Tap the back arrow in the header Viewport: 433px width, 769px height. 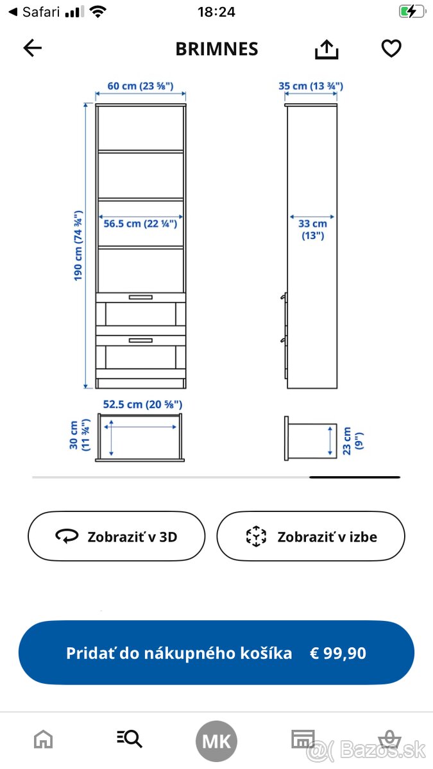[32, 48]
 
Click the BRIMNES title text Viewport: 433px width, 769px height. [217, 49]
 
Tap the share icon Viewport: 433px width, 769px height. [327, 49]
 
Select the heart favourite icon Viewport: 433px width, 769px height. [391, 49]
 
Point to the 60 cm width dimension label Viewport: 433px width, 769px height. [140, 86]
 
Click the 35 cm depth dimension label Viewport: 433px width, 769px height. [311, 86]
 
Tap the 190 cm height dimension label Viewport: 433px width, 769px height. [78, 245]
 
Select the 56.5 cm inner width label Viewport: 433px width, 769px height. [140, 224]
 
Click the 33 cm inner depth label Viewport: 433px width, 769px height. [312, 229]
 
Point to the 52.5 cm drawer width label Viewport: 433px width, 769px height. [143, 404]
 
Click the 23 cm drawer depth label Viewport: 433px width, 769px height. [353, 440]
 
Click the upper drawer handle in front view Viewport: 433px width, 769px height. [140, 297]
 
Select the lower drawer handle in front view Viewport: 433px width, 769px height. [140, 340]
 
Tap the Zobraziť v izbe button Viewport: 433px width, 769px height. [311, 536]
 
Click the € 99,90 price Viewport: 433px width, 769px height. [338, 653]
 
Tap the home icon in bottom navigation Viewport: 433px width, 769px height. [44, 740]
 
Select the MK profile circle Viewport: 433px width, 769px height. [216, 741]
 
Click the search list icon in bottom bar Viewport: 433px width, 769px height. [130, 739]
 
